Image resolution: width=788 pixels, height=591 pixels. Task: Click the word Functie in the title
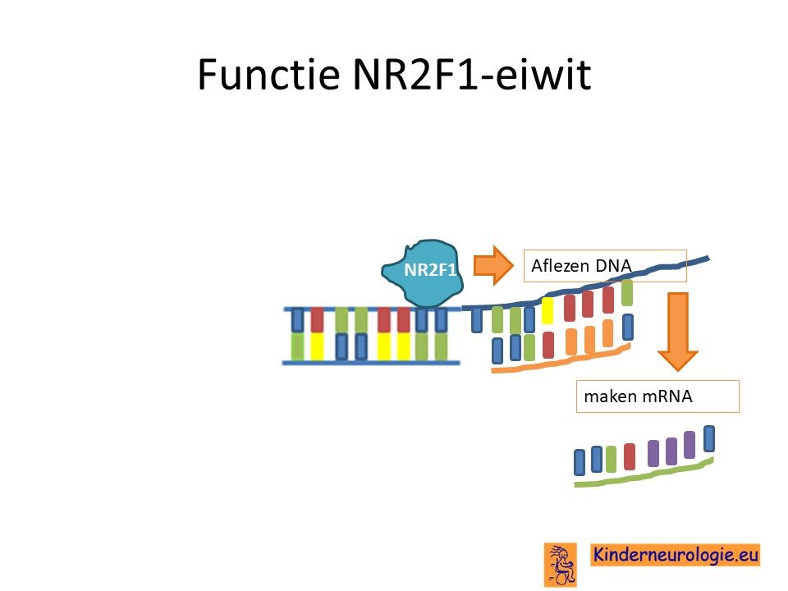(268, 74)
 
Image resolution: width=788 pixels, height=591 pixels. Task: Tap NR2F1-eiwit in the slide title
(472, 74)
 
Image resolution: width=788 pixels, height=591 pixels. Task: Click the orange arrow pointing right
(493, 265)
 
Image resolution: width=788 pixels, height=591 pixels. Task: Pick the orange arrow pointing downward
(678, 332)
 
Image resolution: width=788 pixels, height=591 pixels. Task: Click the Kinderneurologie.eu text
(675, 555)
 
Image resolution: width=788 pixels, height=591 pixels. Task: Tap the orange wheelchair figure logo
(561, 565)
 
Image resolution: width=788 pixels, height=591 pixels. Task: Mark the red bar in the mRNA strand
(630, 456)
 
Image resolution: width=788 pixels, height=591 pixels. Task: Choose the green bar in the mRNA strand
(611, 459)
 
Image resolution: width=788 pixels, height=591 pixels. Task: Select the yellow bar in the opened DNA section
(547, 310)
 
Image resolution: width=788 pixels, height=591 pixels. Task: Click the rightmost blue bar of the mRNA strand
(709, 438)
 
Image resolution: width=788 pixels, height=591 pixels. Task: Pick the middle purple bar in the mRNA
(671, 451)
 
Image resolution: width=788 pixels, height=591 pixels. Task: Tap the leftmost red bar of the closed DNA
(317, 319)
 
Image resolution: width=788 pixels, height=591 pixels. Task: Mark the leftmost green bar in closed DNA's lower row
(297, 346)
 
